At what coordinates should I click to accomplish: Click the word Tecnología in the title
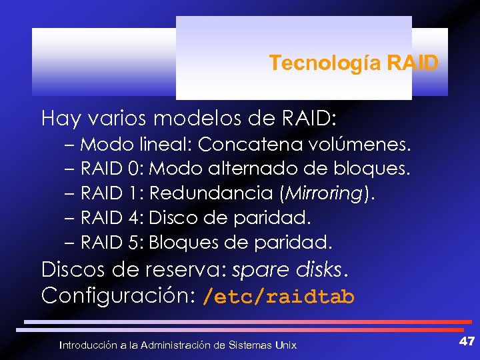[x=325, y=63]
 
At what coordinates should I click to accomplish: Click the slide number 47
[x=466, y=341]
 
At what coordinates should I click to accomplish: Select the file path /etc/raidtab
[x=279, y=297]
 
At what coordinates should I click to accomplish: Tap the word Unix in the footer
[x=285, y=345]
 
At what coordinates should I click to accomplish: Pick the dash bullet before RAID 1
[x=70, y=194]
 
